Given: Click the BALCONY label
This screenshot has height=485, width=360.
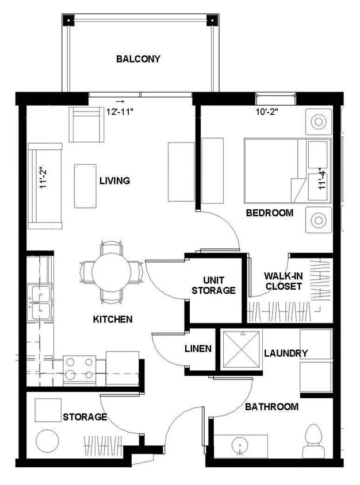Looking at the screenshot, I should [x=138, y=59].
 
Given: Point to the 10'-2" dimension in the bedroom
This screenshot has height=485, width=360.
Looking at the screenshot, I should [x=267, y=113].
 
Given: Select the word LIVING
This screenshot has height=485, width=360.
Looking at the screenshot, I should [x=114, y=180].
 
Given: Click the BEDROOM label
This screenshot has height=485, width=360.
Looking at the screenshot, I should [x=269, y=213].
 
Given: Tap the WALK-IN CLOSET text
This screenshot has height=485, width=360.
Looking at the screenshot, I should [x=283, y=280].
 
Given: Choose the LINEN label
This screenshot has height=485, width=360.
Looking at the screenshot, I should [x=198, y=349].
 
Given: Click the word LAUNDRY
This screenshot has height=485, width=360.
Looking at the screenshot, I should [x=286, y=353].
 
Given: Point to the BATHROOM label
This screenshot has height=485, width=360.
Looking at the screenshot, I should [x=271, y=407].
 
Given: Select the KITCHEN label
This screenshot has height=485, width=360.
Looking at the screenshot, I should [x=113, y=319].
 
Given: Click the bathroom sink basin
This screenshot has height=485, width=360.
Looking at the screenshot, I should [x=240, y=445].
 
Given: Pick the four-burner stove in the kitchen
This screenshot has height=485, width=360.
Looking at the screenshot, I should [x=79, y=369].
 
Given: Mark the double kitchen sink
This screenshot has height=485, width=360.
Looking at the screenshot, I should [x=40, y=303].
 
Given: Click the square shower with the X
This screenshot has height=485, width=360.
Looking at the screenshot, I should [x=242, y=349].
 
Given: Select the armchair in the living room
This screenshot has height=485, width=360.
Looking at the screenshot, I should [x=86, y=124].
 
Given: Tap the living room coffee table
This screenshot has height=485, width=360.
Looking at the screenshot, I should [x=85, y=186].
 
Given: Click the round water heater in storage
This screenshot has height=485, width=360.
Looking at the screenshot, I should [x=47, y=441].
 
